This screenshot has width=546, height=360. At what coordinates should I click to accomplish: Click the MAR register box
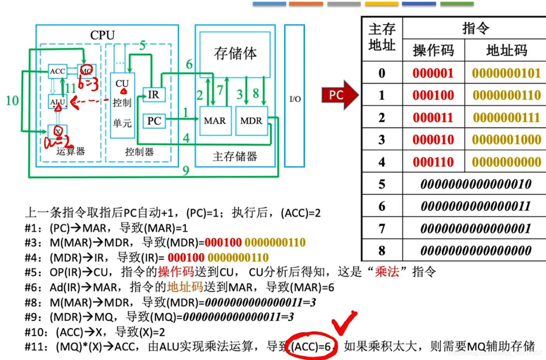[x=215, y=121]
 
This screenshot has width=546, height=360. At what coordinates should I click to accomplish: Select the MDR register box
[x=251, y=121]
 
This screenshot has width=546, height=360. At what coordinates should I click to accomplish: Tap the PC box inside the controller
[x=154, y=121]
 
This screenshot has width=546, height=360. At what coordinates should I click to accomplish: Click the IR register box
[x=154, y=95]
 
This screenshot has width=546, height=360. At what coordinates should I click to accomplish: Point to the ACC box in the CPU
[x=57, y=71]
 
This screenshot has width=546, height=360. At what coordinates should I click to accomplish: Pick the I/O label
[x=295, y=99]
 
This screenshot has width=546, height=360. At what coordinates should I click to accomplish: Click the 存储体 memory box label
[x=235, y=53]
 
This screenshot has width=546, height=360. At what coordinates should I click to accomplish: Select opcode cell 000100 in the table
[x=433, y=95]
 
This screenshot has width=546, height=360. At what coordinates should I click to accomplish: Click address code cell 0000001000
[x=506, y=140]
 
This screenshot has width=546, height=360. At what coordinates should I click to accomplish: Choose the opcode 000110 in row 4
[x=433, y=162]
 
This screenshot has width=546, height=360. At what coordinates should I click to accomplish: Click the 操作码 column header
[x=433, y=50]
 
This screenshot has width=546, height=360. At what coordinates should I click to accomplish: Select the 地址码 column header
[x=506, y=50]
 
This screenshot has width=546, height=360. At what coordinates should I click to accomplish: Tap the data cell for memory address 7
[x=475, y=228]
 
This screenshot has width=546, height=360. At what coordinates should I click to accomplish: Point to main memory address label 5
[x=382, y=184]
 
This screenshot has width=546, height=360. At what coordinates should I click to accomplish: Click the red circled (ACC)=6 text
[x=311, y=346]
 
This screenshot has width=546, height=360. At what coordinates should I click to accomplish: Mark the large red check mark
[x=344, y=322]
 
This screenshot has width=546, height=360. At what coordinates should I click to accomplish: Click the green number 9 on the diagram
[x=186, y=170]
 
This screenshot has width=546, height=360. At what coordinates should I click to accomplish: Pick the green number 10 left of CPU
[x=12, y=101]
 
